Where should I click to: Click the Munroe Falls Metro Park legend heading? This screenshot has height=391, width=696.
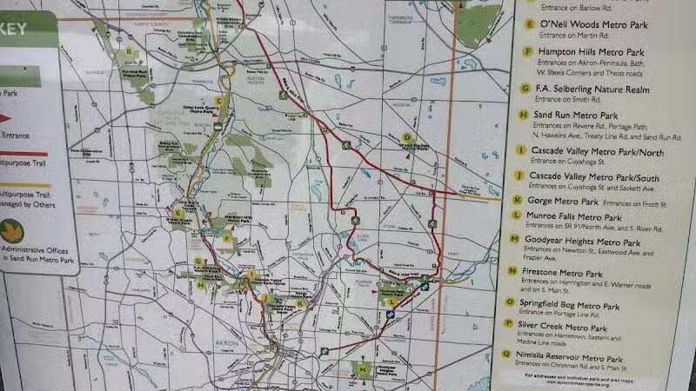(579, 216)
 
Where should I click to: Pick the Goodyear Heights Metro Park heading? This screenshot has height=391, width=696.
(588, 242)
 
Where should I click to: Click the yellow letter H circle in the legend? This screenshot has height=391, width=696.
(523, 114)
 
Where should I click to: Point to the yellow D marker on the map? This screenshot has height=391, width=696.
(406, 136)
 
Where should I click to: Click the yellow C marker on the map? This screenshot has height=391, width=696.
(221, 100)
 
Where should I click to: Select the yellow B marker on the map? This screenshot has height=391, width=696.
(130, 50)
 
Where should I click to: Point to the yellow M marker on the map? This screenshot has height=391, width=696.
(364, 371)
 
